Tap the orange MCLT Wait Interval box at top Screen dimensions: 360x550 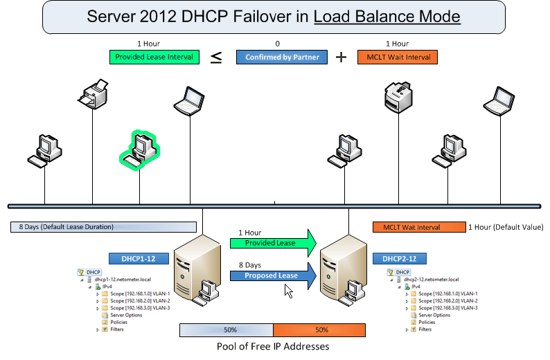point(398,57)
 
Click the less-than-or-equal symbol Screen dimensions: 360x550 point(216,58)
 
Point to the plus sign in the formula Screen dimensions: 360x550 point(341,57)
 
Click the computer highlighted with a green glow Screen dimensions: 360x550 point(141,150)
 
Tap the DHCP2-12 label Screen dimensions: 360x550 point(399,258)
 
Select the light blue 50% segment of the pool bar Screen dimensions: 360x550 point(226,330)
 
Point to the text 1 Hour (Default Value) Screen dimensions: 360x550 point(506,227)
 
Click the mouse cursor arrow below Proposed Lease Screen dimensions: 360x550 point(288,291)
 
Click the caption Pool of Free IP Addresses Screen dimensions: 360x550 point(274,346)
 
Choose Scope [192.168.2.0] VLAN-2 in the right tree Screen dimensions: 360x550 point(448,300)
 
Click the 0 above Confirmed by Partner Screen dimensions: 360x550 point(278,44)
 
